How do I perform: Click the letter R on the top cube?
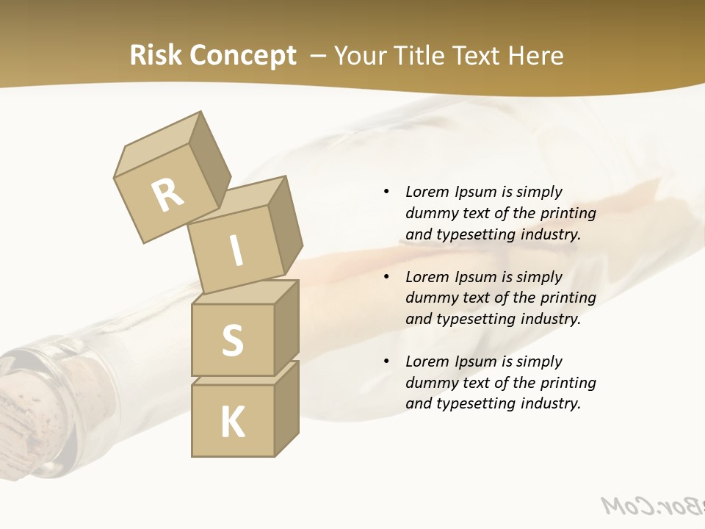pos(168,195)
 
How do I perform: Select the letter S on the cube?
pos(233,340)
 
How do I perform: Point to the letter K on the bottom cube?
pos(233,422)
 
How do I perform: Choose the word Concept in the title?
pos(242,56)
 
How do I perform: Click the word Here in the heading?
pos(538,56)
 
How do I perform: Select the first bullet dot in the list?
pos(386,192)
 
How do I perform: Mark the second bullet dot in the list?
pos(386,277)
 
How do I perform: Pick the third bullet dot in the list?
pos(386,361)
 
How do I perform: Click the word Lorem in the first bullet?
pos(426,192)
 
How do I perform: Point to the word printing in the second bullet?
pos(568,298)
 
